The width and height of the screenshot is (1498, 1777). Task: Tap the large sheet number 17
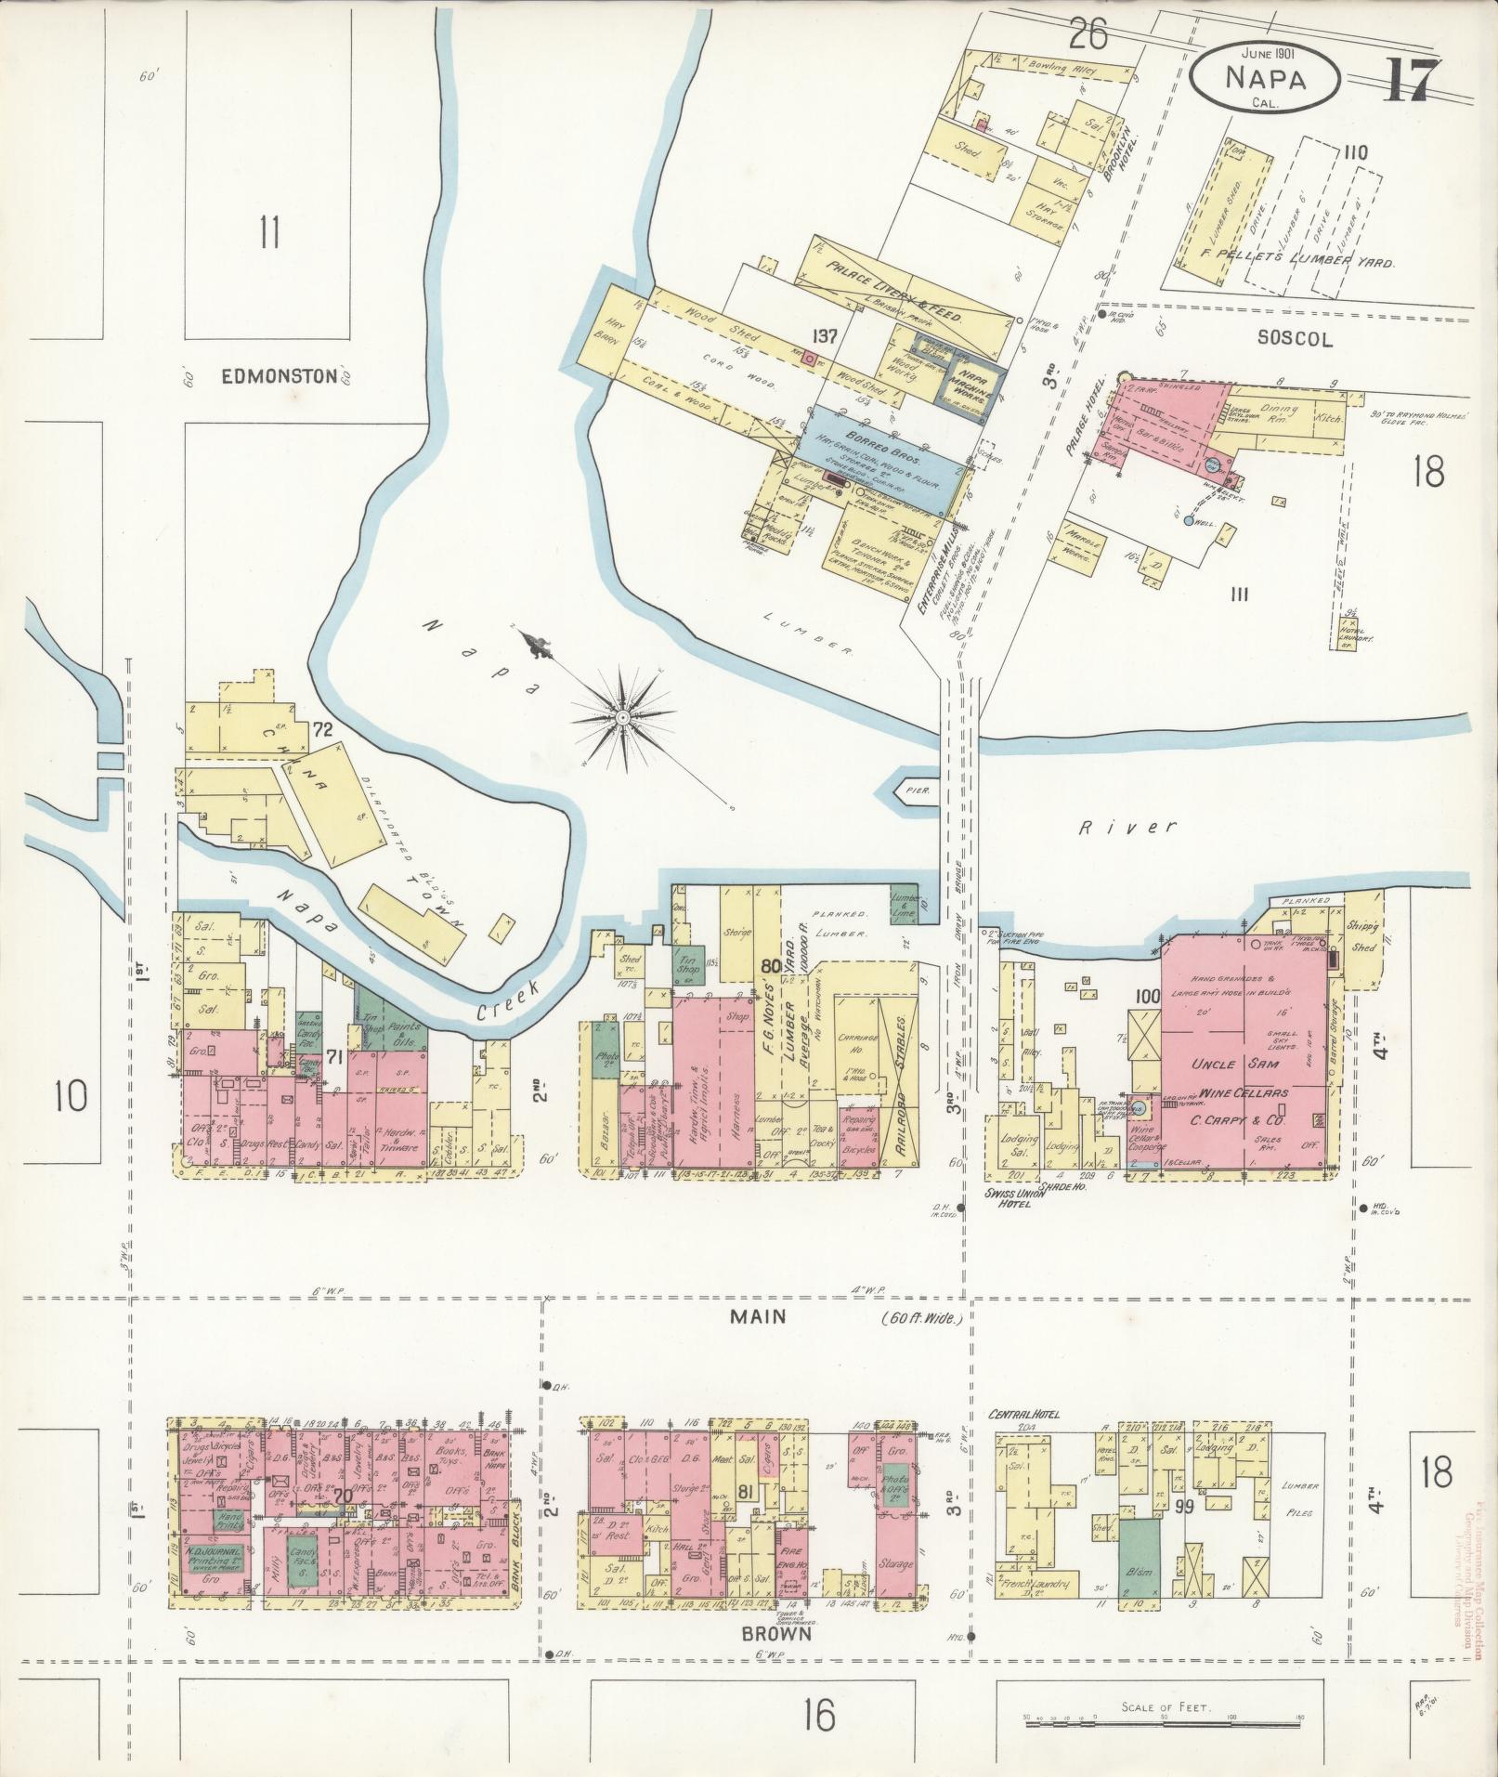(1413, 81)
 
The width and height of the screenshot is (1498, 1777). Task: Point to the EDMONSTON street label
(265, 376)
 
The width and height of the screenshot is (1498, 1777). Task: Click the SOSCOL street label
(1296, 340)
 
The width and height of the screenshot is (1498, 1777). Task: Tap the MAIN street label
(757, 1316)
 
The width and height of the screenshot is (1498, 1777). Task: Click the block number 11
(269, 232)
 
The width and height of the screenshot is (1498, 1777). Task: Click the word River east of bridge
(1128, 826)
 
